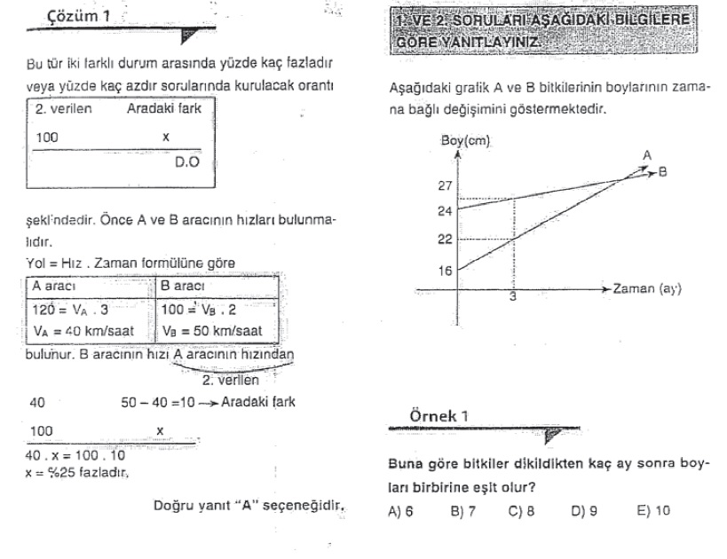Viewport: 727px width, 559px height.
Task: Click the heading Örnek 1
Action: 432,416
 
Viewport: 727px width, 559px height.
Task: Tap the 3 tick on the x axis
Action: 512,299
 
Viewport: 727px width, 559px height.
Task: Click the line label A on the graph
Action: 647,156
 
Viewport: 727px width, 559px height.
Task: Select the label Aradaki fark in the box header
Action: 165,110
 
